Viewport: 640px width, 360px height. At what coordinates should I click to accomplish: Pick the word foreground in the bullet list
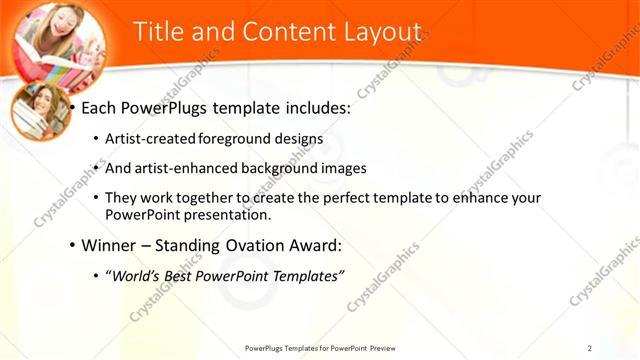pos(238,139)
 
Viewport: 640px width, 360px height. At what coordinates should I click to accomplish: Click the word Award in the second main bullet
pos(310,244)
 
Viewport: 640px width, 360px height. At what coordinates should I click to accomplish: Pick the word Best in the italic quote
pos(182,275)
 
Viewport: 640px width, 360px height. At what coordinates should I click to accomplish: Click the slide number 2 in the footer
pos(590,347)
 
